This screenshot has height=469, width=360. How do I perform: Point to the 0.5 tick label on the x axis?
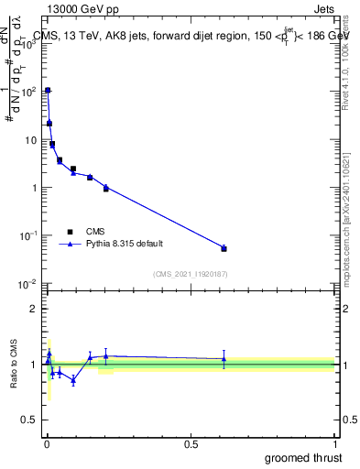(191, 444)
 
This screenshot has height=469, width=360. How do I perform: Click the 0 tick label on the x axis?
(47, 444)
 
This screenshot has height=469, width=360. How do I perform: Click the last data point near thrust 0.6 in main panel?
(224, 248)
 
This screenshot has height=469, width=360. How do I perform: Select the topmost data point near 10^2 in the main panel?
(48, 91)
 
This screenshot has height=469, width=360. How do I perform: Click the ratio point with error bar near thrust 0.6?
(224, 360)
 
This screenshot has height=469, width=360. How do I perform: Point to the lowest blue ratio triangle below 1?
(73, 380)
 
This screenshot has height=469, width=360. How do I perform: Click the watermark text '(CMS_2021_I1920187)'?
(190, 274)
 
